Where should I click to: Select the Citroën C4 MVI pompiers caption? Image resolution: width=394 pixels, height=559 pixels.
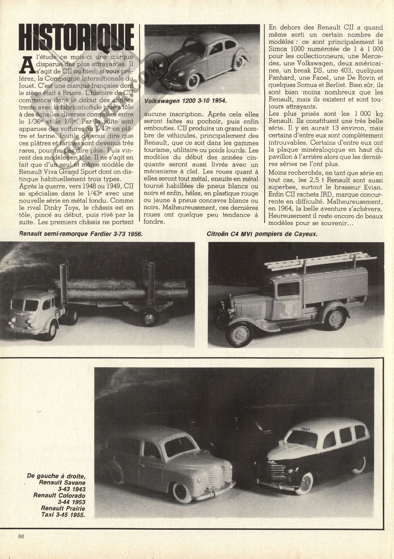point(262,234)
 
